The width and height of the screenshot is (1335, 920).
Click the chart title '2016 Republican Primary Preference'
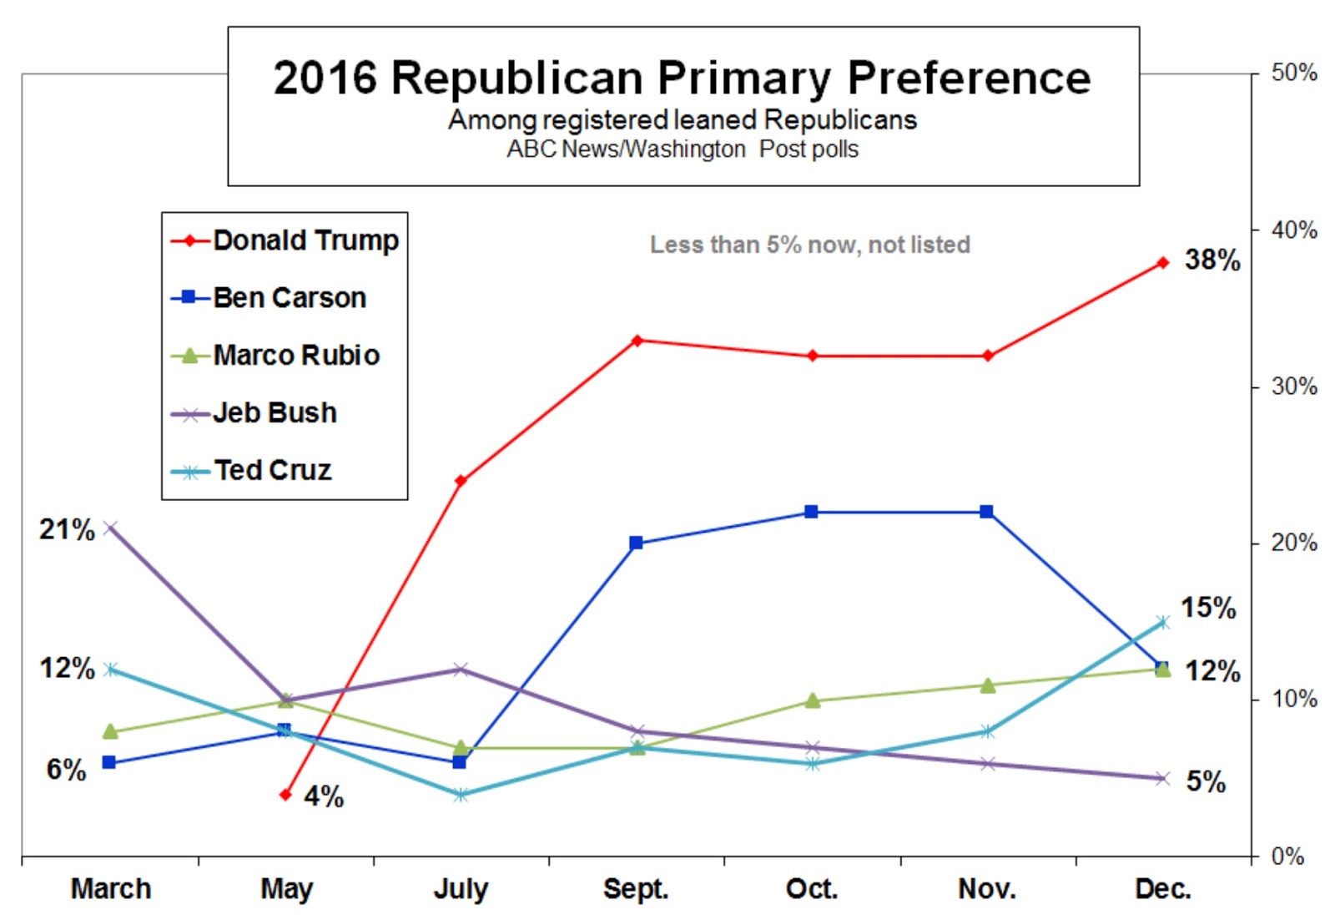tap(682, 78)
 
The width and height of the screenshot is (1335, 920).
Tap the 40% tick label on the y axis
tap(1293, 230)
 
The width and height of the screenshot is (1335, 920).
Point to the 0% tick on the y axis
tap(1287, 856)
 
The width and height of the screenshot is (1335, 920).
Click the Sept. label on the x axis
tap(636, 888)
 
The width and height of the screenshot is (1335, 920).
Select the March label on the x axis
tap(111, 888)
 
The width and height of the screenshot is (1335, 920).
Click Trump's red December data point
tap(1163, 263)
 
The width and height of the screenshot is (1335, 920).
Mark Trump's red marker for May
tap(285, 795)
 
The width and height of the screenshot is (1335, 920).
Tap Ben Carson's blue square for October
tap(811, 512)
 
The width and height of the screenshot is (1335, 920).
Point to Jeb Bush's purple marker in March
tap(110, 528)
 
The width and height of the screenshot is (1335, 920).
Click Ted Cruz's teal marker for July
tap(461, 795)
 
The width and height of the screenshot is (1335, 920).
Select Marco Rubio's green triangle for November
tap(987, 685)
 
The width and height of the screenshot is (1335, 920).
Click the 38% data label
tap(1212, 260)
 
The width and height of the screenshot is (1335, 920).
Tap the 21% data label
tap(67, 529)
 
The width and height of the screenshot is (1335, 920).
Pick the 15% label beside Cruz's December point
tap(1207, 608)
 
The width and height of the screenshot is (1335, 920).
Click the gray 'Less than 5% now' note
tap(809, 245)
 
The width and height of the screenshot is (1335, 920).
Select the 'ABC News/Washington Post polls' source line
tap(682, 149)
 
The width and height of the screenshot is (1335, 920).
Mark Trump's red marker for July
tap(461, 481)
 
